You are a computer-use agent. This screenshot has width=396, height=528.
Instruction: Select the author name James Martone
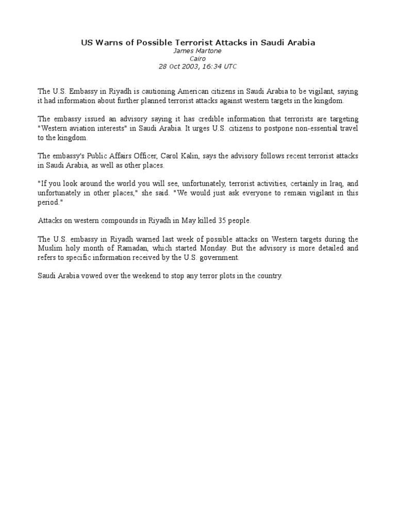(198, 51)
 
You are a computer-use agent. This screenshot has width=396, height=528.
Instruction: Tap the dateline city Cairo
(198, 59)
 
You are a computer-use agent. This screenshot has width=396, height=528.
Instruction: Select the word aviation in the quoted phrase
(85, 128)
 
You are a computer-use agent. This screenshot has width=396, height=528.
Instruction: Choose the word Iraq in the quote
(325, 184)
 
